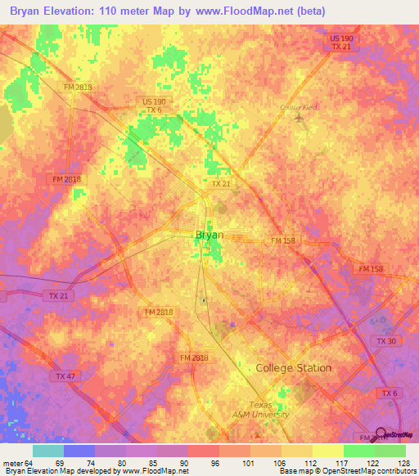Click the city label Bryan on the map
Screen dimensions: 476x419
209,235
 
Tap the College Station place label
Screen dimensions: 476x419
294,368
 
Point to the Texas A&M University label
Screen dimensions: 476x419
269,409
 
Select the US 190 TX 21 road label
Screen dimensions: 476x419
341,43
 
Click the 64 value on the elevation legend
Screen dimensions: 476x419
21,463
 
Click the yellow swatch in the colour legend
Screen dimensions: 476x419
327,451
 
